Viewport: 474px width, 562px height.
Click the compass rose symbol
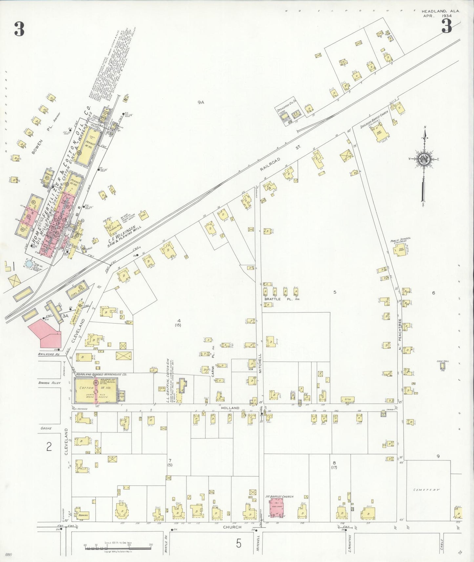(424, 159)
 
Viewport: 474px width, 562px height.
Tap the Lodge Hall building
(443, 366)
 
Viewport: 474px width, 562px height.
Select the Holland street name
(230, 408)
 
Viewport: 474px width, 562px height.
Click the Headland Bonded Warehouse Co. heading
(101, 374)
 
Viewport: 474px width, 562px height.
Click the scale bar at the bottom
(118, 547)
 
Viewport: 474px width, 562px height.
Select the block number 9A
(201, 102)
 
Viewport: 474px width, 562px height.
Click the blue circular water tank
(29, 263)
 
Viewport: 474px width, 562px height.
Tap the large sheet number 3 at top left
(19, 30)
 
